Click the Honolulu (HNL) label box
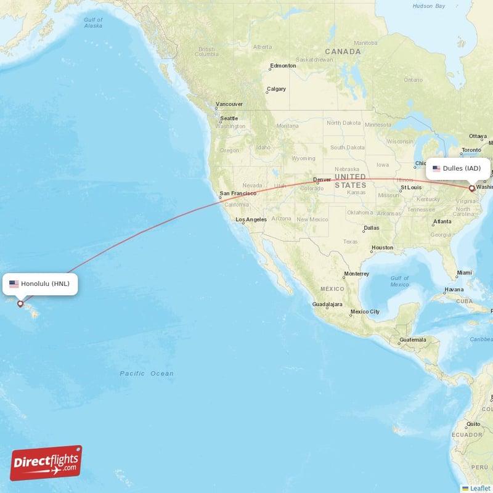point(41,284)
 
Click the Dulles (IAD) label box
point(458,168)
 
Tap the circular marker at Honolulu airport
point(20,303)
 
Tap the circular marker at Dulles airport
point(472,189)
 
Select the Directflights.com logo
point(46,463)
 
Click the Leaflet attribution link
point(480,488)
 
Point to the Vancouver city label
point(229,104)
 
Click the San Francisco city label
point(238,194)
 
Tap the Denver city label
point(322,180)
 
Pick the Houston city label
point(382,248)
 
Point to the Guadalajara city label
point(327,304)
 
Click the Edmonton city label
point(283,66)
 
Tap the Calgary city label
point(276,89)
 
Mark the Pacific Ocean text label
point(147,373)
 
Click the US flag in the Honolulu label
point(14,284)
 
